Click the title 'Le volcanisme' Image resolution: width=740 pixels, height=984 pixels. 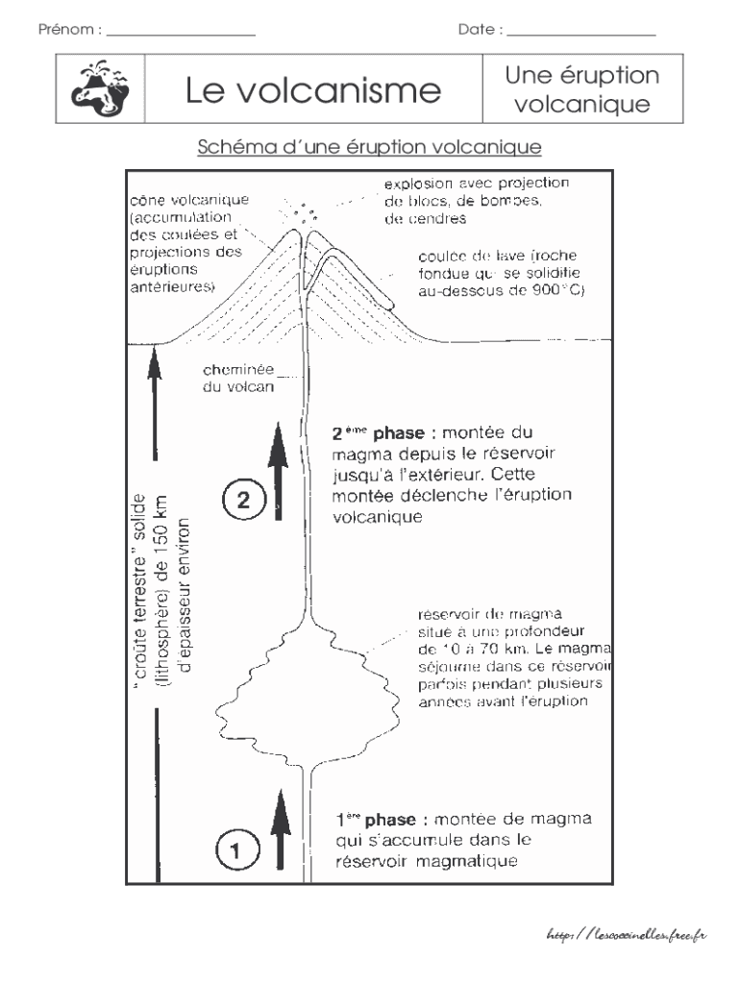pos(312,91)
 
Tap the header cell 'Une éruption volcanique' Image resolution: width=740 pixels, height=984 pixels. pos(581,89)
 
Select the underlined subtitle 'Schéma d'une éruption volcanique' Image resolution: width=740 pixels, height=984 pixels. pos(370,147)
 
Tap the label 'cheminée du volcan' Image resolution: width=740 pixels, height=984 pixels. pos(238,379)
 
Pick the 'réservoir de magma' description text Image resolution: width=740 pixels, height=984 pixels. pos(516,658)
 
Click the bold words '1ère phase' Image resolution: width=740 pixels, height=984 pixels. pos(376,820)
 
